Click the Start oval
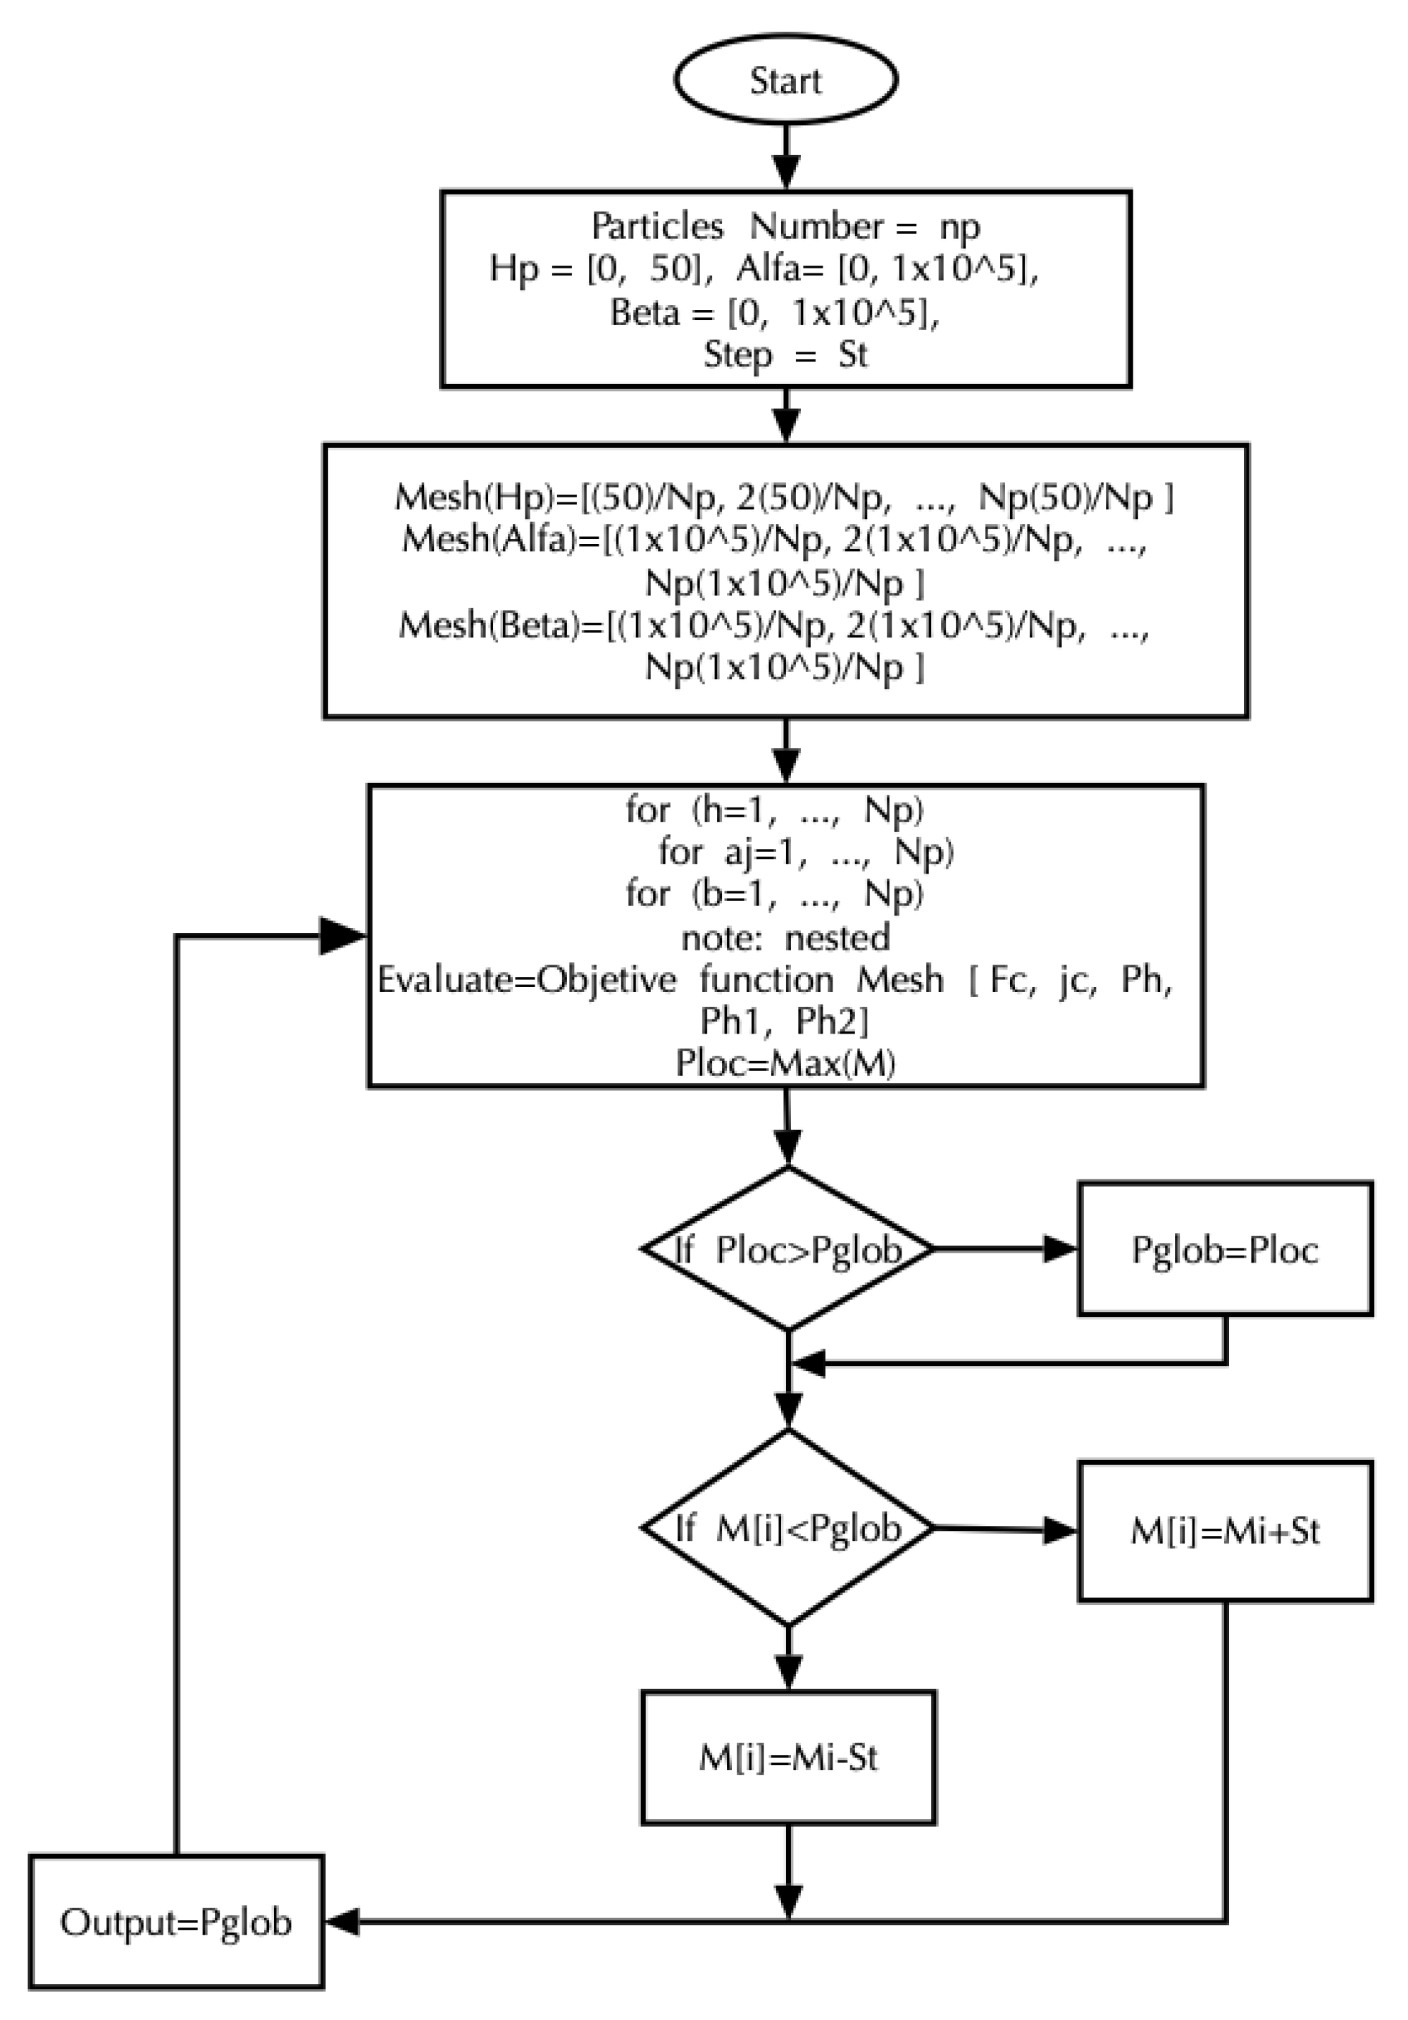pos(785,80)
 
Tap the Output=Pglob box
pos(176,1922)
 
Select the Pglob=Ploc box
pos(1225,1249)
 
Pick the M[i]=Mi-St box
pos(788,1757)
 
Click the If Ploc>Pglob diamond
pos(788,1249)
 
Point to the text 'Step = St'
pos(785,354)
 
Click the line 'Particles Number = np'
pos(785,226)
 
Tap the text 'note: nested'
pos(785,937)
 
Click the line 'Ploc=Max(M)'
pos(785,1064)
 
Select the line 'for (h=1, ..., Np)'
pos(774,810)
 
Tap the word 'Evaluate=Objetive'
pos(527,979)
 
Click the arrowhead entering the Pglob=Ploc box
pos(1060,1248)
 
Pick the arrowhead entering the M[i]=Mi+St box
pos(1060,1531)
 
